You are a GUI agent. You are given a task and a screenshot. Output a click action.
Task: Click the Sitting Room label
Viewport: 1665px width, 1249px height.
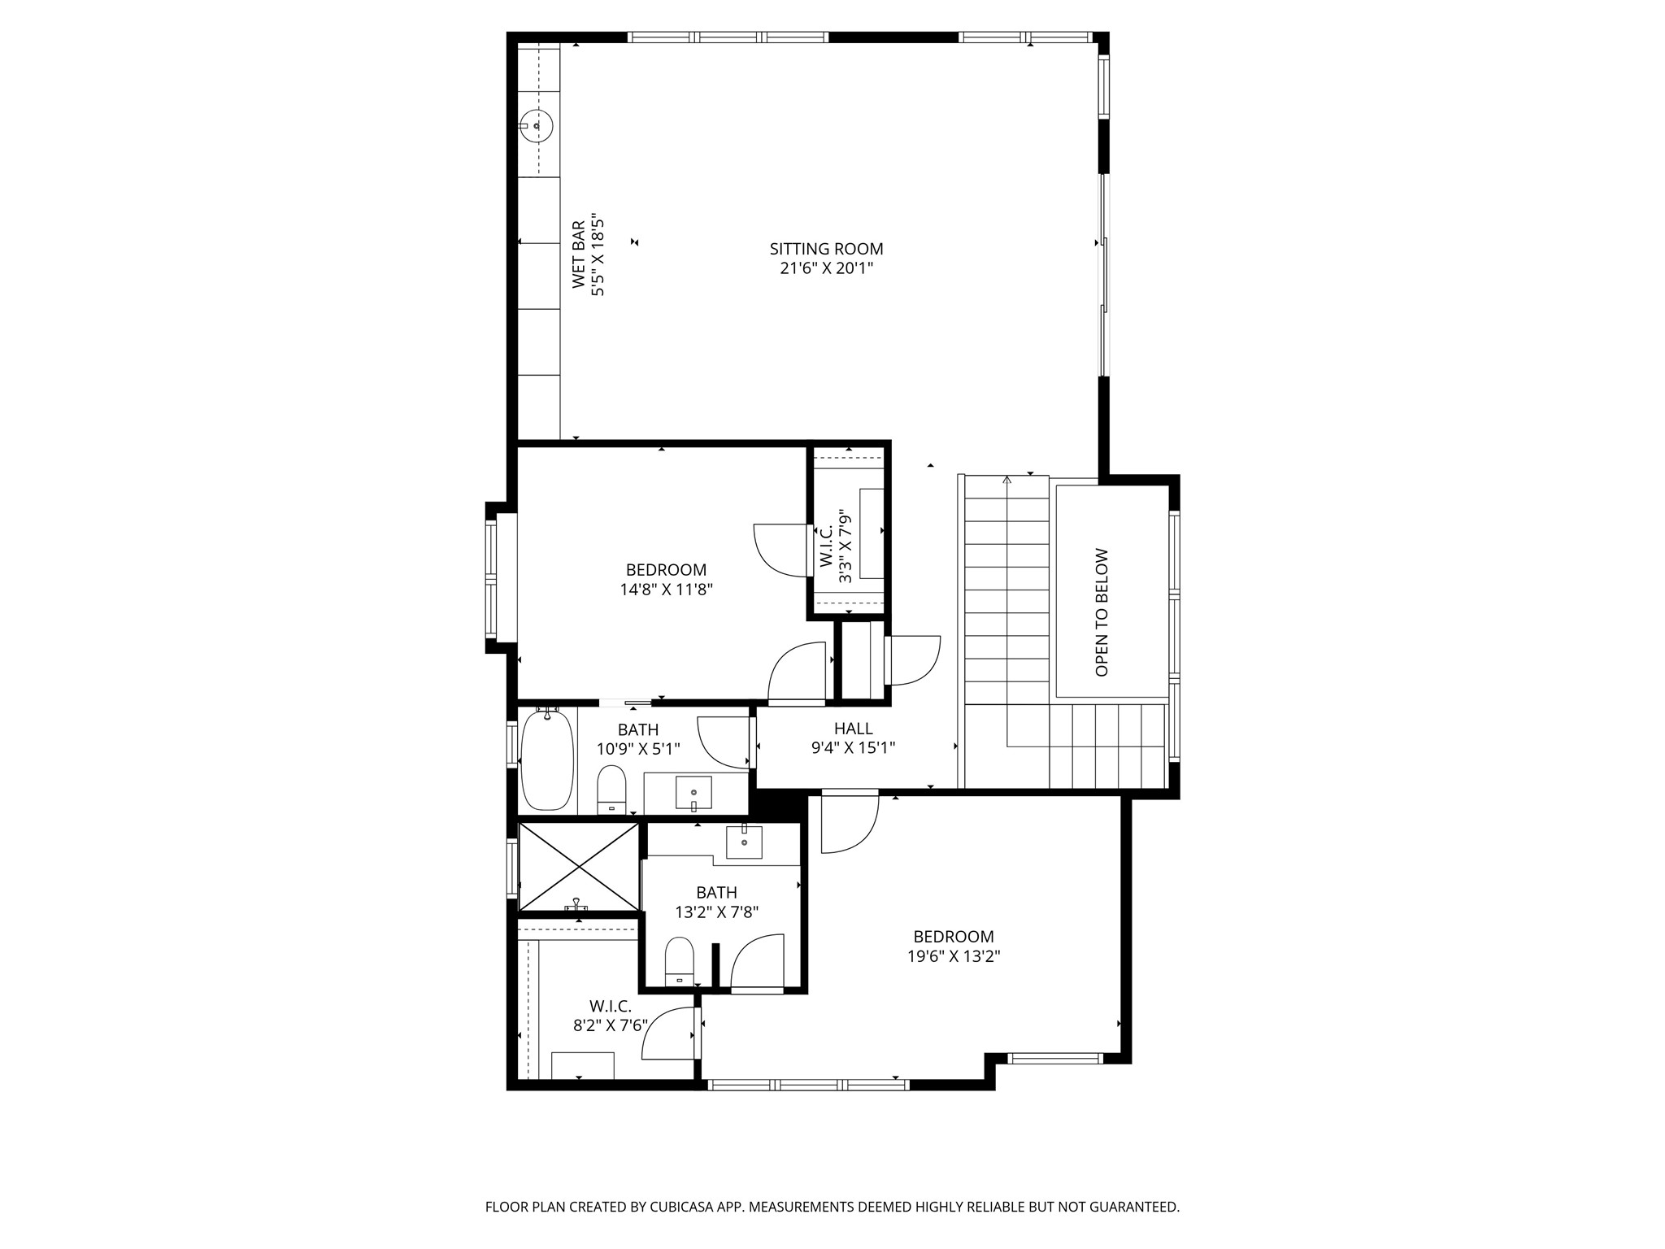826,249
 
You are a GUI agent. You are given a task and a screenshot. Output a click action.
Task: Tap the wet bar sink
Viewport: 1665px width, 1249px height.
536,126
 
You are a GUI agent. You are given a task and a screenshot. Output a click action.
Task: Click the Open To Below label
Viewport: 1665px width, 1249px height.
1102,612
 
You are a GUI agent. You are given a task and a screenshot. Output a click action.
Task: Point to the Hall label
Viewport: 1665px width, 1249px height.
853,729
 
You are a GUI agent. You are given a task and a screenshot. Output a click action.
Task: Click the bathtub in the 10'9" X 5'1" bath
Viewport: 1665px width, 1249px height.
547,761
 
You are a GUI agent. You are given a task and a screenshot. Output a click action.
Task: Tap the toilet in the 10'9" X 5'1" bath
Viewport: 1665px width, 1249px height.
611,789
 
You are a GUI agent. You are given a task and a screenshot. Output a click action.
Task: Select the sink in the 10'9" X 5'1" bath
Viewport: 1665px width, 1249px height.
693,793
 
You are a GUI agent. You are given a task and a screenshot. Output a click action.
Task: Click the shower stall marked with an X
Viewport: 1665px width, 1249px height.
579,866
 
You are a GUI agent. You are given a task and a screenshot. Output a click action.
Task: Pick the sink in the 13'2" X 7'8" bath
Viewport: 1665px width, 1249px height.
744,842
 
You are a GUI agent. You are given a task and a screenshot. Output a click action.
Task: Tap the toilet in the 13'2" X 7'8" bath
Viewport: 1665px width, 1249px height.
679,960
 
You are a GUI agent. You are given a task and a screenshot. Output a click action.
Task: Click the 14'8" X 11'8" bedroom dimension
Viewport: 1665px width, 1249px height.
666,590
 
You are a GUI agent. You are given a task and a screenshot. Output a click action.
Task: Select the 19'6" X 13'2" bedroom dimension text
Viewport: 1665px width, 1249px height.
953,956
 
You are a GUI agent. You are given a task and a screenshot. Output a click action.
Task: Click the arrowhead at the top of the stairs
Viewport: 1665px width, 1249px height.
1007,480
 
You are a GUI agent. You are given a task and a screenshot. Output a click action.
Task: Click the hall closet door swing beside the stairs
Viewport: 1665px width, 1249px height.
915,660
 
